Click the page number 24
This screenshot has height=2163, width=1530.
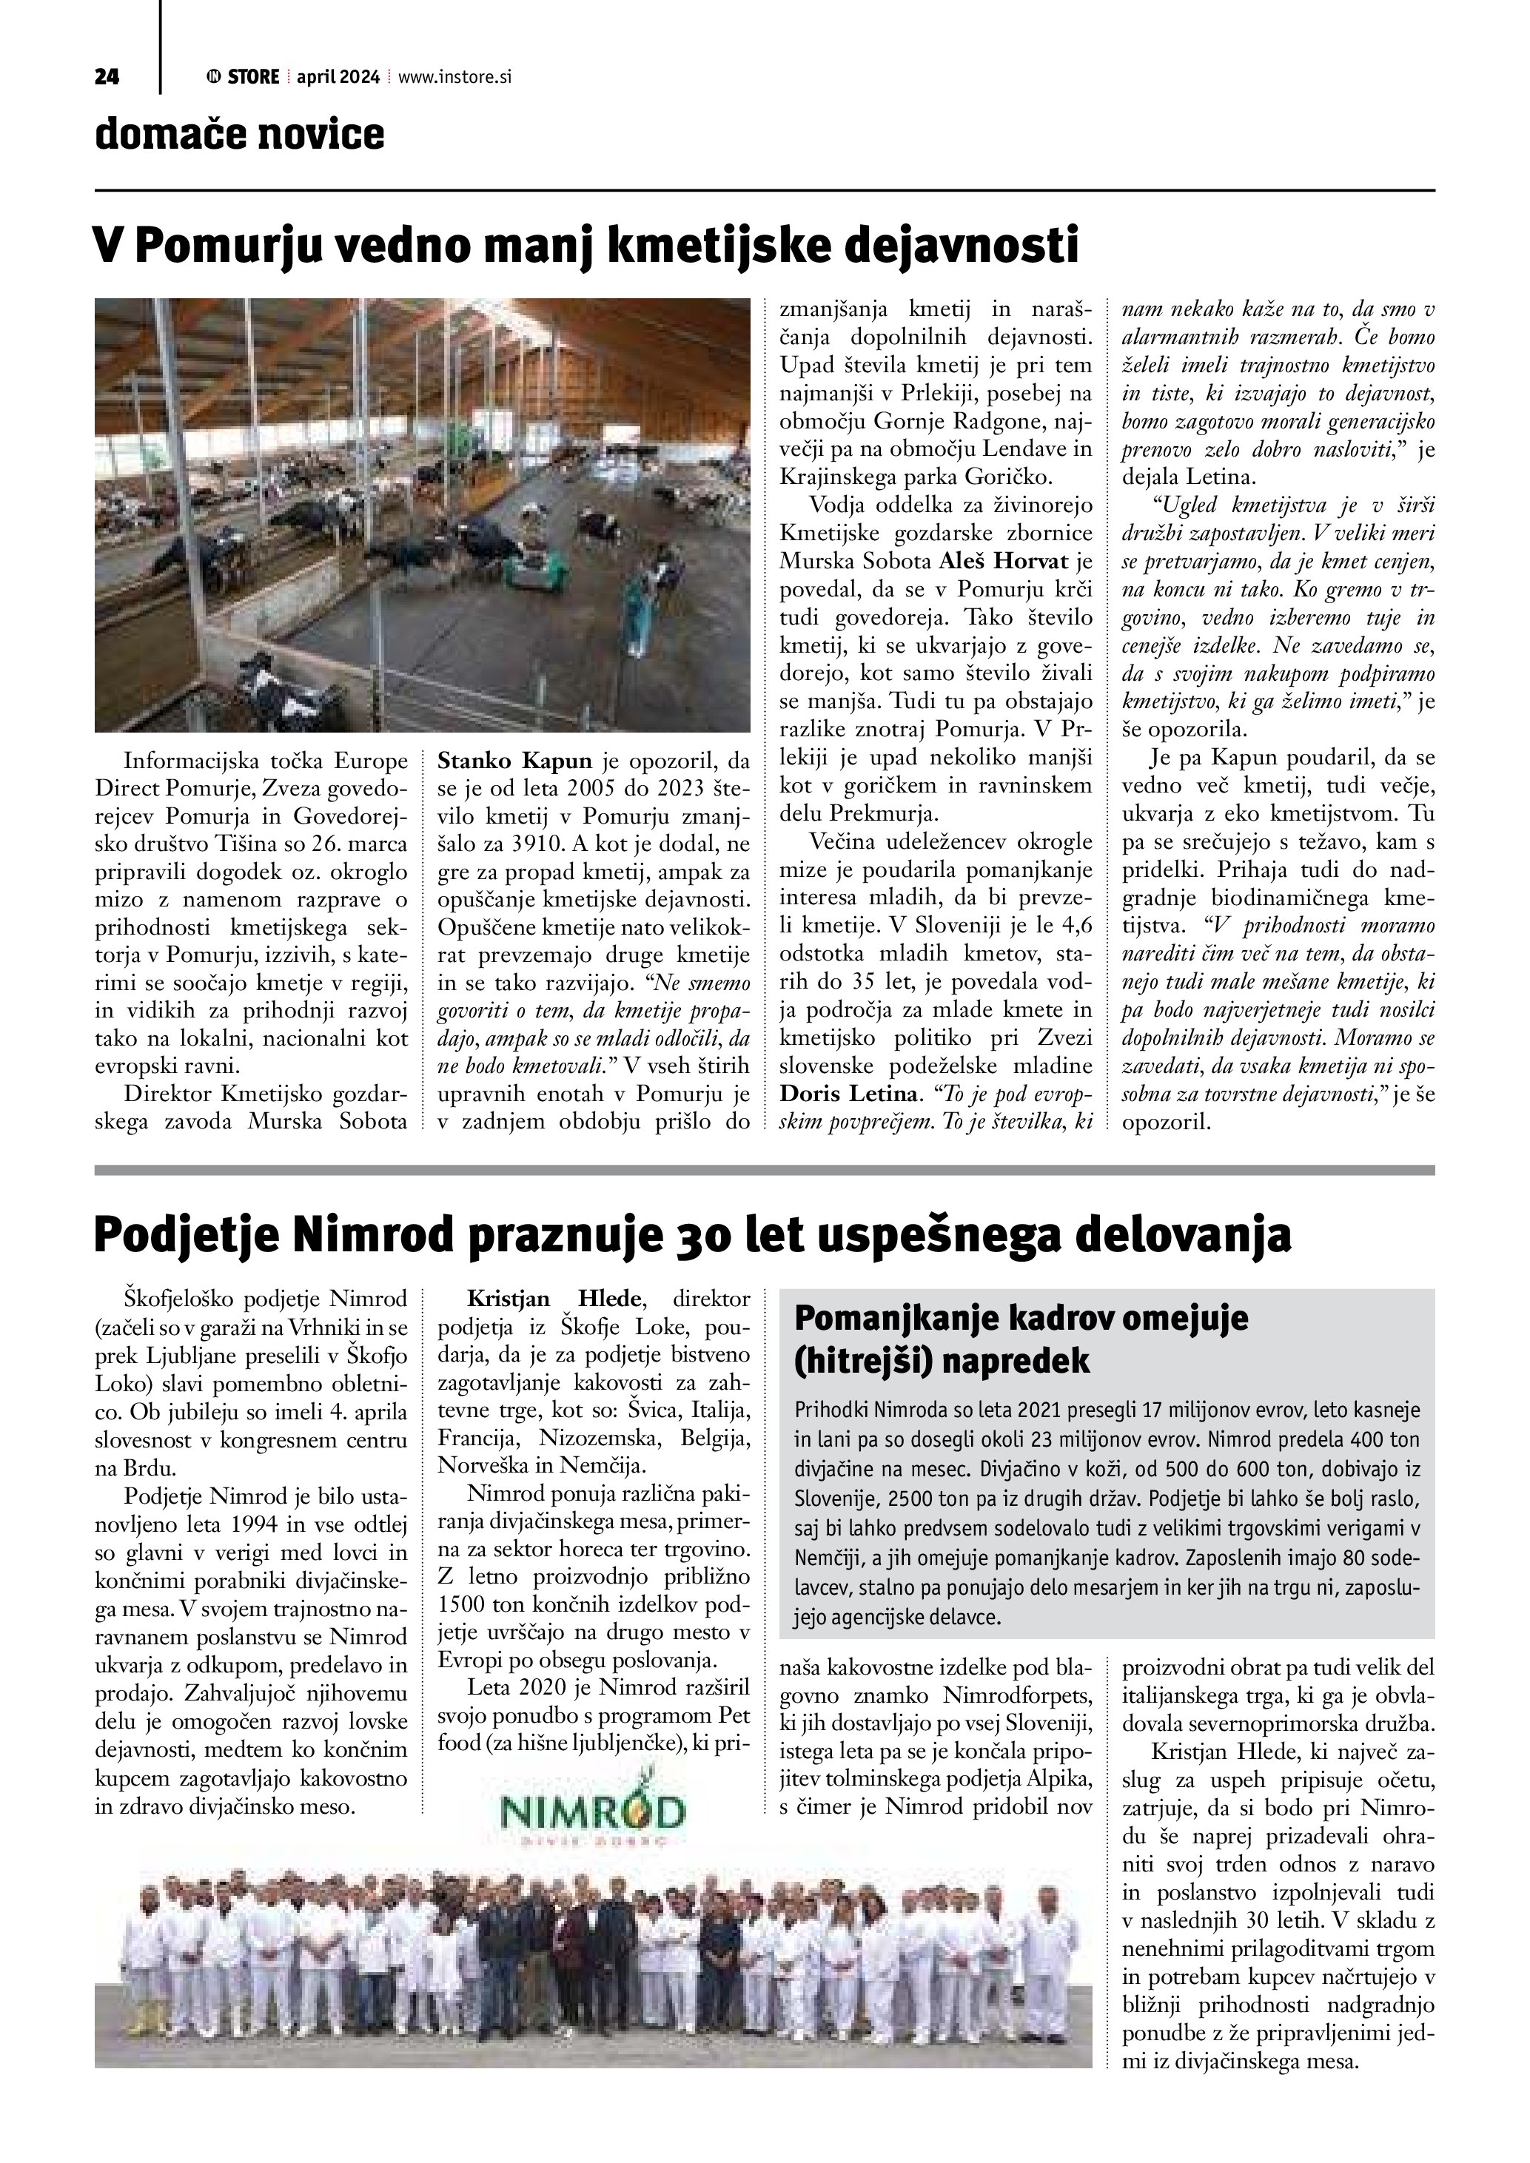coord(107,77)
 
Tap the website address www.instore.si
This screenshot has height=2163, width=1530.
coord(454,77)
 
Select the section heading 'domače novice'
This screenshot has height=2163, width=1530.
coord(239,135)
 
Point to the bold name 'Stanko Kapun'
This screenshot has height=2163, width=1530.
coord(514,760)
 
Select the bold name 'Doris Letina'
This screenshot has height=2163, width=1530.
coord(847,1094)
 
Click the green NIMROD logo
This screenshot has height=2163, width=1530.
coord(594,1810)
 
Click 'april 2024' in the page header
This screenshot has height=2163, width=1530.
coord(338,77)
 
